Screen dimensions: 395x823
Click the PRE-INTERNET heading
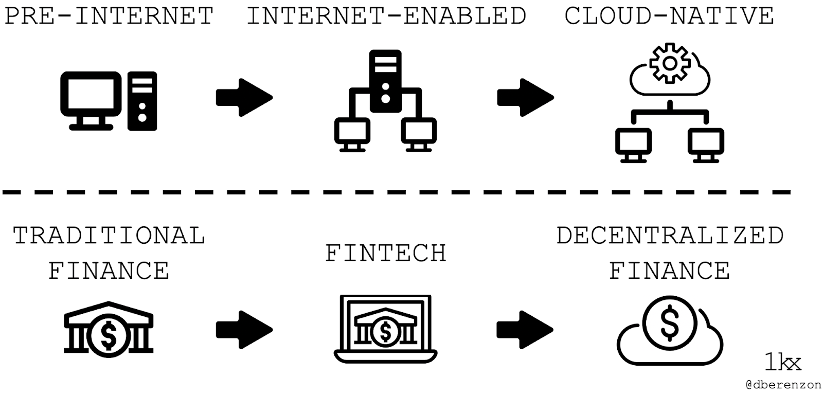109,16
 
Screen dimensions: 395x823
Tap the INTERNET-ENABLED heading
386,16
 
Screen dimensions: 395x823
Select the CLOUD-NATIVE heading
669,16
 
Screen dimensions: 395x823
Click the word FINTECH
386,254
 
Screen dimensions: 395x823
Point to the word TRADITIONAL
109,236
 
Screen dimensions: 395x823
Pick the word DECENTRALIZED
670,236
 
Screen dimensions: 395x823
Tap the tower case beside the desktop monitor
142,101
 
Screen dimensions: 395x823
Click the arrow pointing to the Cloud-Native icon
525,97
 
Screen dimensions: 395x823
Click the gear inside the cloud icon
669,63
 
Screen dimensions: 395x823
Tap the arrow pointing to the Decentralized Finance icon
525,329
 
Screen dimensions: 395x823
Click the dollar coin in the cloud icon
670,321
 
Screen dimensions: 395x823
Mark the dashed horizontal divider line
396,192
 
